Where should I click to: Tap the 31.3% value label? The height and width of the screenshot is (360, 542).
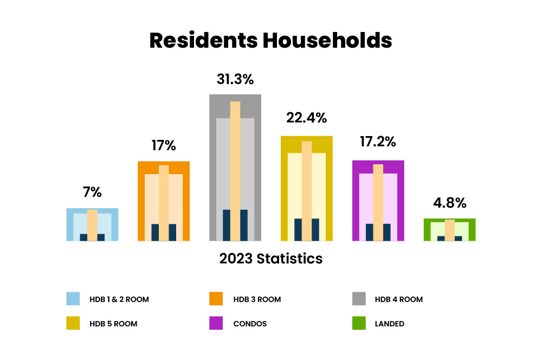[x=235, y=79]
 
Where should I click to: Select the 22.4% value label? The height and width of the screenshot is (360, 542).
[x=307, y=118]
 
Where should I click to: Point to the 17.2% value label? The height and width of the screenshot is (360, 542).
[x=378, y=142]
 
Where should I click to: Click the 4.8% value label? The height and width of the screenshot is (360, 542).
[x=449, y=203]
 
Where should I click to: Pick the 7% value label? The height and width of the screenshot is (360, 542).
[x=92, y=192]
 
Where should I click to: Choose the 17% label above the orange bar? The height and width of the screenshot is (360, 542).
[x=164, y=145]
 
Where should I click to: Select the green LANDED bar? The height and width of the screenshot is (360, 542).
[x=449, y=230]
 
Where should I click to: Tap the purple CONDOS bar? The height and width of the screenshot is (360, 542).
[x=378, y=201]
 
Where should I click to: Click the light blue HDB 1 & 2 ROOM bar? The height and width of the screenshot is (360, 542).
[x=92, y=224]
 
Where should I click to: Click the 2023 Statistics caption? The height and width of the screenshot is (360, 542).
[x=271, y=259]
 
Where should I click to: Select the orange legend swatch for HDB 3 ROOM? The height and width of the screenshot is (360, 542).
[x=216, y=299]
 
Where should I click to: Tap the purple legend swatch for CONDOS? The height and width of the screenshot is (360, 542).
[x=216, y=324]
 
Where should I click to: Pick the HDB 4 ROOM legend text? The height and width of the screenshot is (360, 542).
[x=398, y=299]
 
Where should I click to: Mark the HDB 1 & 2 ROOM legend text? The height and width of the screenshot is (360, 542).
[x=119, y=299]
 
